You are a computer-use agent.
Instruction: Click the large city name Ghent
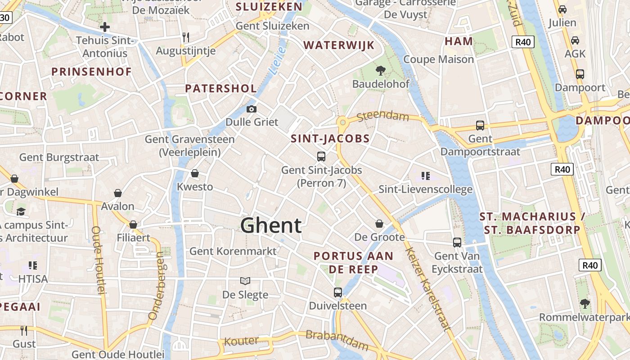coord(271,225)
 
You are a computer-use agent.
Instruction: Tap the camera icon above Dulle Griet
coord(252,109)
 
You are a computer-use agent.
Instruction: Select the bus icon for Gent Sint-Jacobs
coord(321,157)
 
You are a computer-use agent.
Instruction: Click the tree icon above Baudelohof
coord(381,70)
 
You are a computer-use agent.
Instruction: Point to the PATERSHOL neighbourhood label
coord(221,89)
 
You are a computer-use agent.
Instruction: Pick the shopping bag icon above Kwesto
coord(195,173)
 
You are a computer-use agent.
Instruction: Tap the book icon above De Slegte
coord(245,281)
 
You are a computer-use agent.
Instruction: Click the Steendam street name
coord(383,116)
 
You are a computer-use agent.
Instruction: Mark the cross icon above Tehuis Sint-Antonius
coord(105,27)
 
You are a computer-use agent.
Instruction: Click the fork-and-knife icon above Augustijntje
coord(185,37)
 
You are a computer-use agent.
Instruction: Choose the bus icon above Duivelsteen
coord(338,292)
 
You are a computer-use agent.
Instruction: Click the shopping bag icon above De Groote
coord(380,224)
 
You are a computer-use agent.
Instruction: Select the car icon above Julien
coord(562,9)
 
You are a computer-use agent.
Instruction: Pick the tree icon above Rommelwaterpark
coord(585,304)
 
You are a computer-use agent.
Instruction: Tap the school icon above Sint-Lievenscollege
coord(426,175)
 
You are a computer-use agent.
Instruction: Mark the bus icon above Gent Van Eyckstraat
coord(457,243)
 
